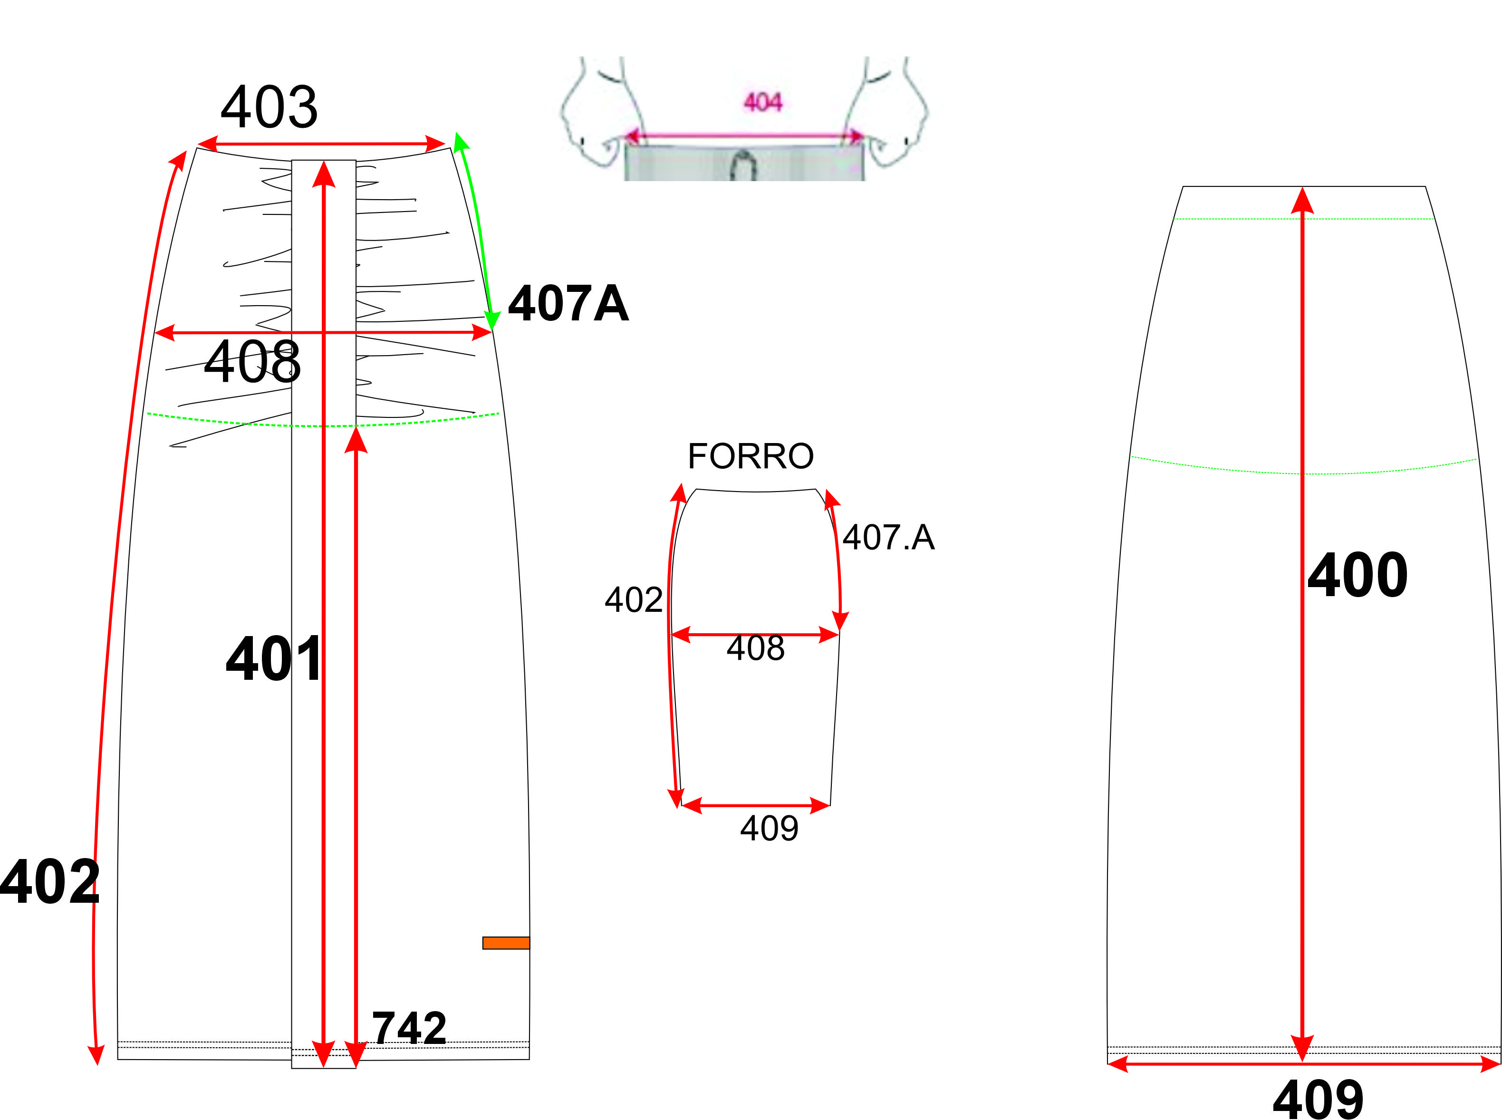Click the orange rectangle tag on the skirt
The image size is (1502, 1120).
[506, 942]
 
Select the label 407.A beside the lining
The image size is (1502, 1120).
[888, 537]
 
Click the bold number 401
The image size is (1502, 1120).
[274, 658]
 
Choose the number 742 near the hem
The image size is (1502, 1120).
[409, 1028]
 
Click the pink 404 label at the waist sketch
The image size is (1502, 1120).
[763, 102]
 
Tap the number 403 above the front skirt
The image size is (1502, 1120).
[269, 106]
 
